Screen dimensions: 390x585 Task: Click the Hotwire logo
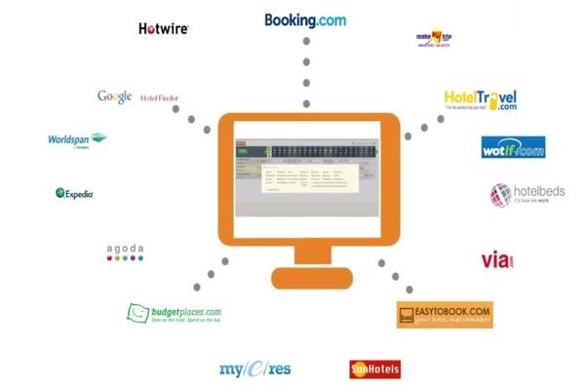pyautogui.click(x=163, y=29)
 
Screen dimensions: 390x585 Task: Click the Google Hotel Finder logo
pyautogui.click(x=137, y=97)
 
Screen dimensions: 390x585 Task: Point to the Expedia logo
pyautogui.click(x=75, y=193)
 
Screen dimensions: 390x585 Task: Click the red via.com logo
pyautogui.click(x=497, y=260)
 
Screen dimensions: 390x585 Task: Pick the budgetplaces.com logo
pyautogui.click(x=175, y=314)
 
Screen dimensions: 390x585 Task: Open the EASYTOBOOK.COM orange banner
pyautogui.click(x=445, y=314)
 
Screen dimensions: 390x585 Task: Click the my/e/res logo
pyautogui.click(x=254, y=369)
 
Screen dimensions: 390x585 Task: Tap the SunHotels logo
pyautogui.click(x=374, y=369)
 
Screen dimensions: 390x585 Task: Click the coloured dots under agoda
pyautogui.click(x=125, y=259)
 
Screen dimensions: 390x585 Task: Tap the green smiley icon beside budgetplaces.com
pyautogui.click(x=136, y=314)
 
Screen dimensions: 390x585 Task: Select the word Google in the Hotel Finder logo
pyautogui.click(x=114, y=96)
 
